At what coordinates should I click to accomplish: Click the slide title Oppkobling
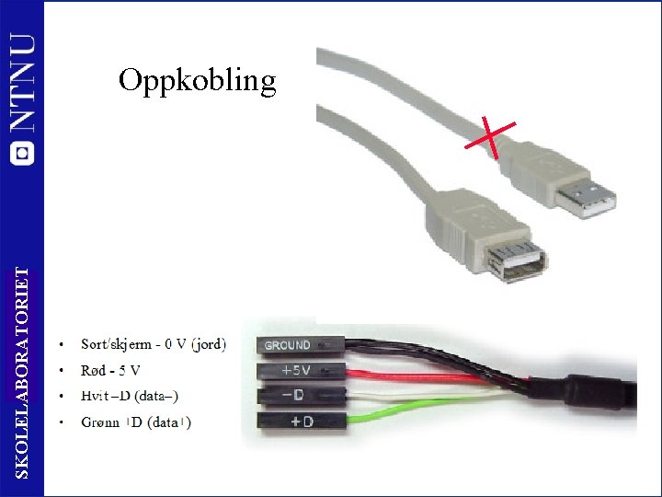197,81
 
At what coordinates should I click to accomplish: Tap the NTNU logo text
23,84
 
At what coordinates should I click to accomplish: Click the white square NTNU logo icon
23,153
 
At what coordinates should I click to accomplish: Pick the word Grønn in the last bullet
100,422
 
